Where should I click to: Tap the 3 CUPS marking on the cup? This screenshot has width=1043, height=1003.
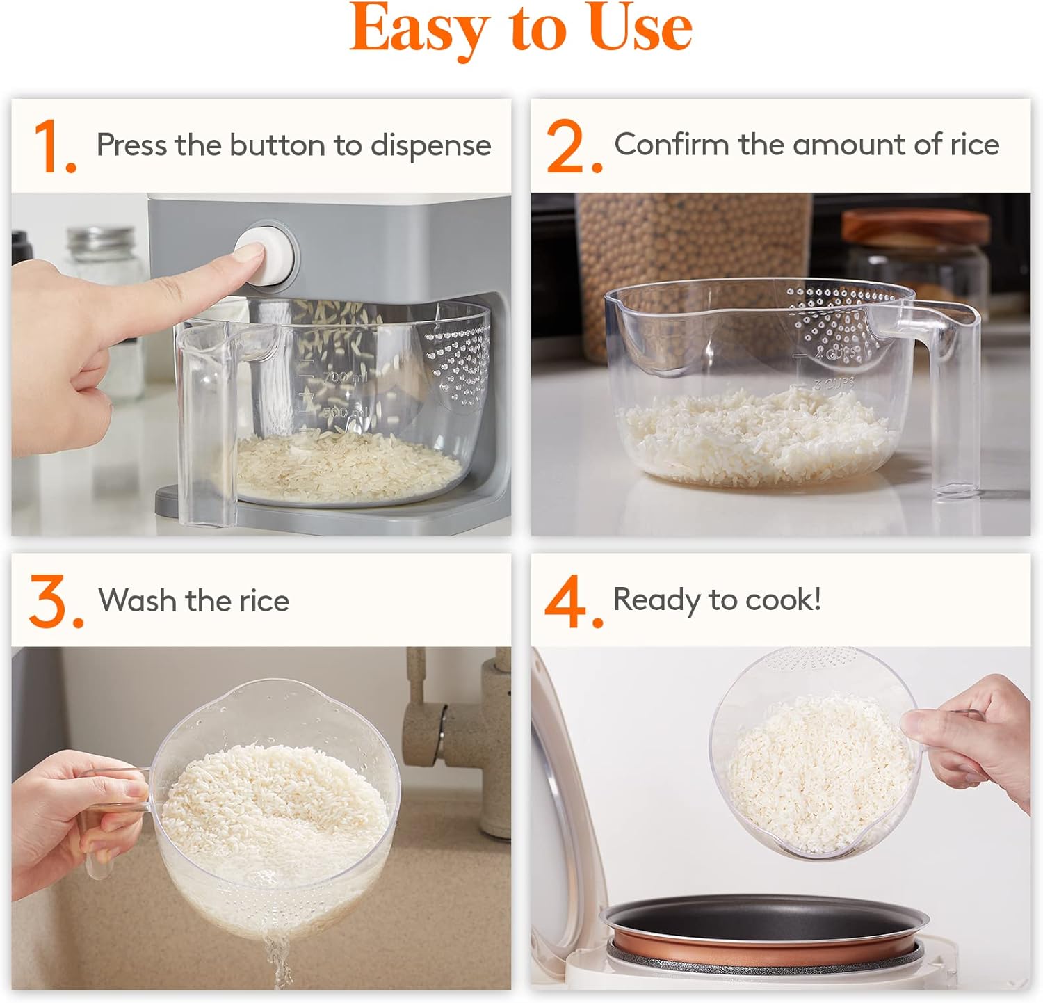click(x=833, y=384)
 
